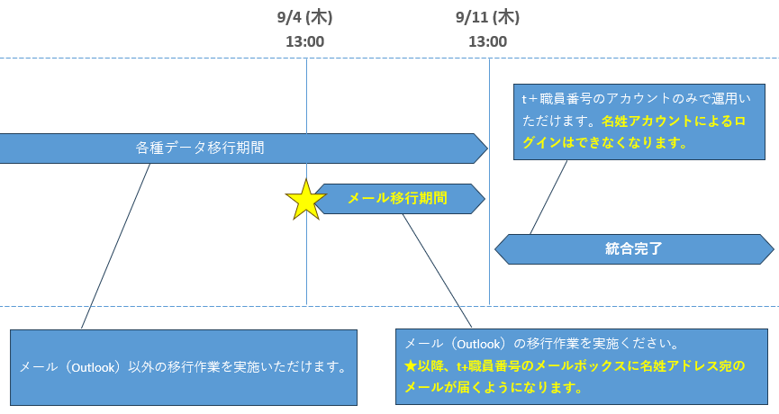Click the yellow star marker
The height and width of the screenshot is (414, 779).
(x=305, y=200)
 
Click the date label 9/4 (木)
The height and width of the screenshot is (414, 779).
(x=304, y=17)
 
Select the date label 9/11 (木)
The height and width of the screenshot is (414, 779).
(x=487, y=17)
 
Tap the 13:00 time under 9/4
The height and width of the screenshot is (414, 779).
(x=304, y=41)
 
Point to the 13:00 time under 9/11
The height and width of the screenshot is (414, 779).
(x=487, y=41)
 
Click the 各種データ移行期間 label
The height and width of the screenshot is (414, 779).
(x=200, y=148)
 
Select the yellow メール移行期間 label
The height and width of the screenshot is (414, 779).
(x=397, y=198)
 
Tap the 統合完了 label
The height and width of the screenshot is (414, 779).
(x=633, y=248)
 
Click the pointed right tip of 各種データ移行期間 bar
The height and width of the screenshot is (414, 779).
(x=487, y=148)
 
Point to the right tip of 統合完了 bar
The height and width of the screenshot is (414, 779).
(x=774, y=249)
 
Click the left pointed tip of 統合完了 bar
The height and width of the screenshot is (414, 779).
(x=495, y=249)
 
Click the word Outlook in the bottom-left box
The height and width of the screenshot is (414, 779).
(x=93, y=367)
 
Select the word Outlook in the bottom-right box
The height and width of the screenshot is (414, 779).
(x=478, y=344)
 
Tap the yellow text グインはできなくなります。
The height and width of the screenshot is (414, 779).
(x=604, y=143)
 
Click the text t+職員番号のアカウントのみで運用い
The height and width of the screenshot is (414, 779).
(x=637, y=99)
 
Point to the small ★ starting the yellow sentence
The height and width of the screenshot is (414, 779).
(x=411, y=365)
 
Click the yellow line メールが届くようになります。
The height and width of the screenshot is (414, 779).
(x=494, y=387)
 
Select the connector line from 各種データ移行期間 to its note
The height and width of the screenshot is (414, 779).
(x=116, y=247)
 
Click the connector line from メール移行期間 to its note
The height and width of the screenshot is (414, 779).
(x=437, y=271)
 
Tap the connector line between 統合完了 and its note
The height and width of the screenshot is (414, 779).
(x=548, y=197)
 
